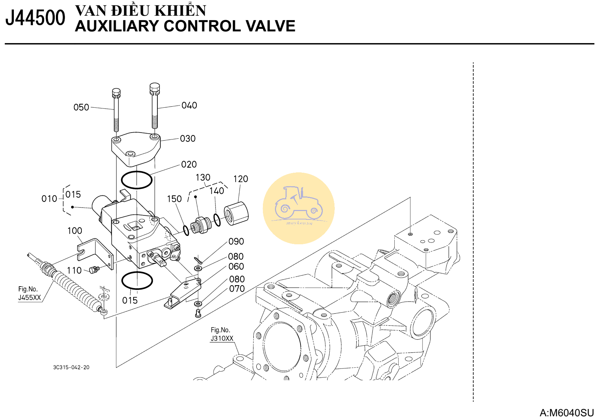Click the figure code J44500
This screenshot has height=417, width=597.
tap(35, 18)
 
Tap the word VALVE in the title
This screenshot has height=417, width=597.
tap(270, 26)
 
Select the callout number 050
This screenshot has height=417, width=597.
tap(81, 107)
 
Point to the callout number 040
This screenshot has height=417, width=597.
tap(189, 106)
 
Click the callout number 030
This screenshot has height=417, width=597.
tap(188, 138)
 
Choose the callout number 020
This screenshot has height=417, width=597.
tap(189, 164)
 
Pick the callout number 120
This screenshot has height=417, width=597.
tap(241, 179)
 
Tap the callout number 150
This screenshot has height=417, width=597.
tap(174, 199)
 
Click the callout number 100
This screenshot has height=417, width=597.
tap(74, 231)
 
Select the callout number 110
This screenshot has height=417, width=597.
tap(74, 271)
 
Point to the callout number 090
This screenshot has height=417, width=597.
tap(236, 241)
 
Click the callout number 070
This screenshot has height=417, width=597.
tap(237, 288)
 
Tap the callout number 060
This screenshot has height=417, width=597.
tap(236, 267)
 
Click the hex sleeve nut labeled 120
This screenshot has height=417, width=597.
tap(236, 213)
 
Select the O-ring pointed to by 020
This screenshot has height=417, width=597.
tap(137, 180)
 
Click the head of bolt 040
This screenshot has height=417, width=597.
tap(154, 89)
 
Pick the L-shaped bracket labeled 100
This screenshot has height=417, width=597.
tap(95, 254)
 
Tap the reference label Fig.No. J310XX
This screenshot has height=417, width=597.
tap(222, 334)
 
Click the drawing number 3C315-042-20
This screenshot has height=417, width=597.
tap(71, 367)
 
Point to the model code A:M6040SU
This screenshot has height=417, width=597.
tap(567, 413)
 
